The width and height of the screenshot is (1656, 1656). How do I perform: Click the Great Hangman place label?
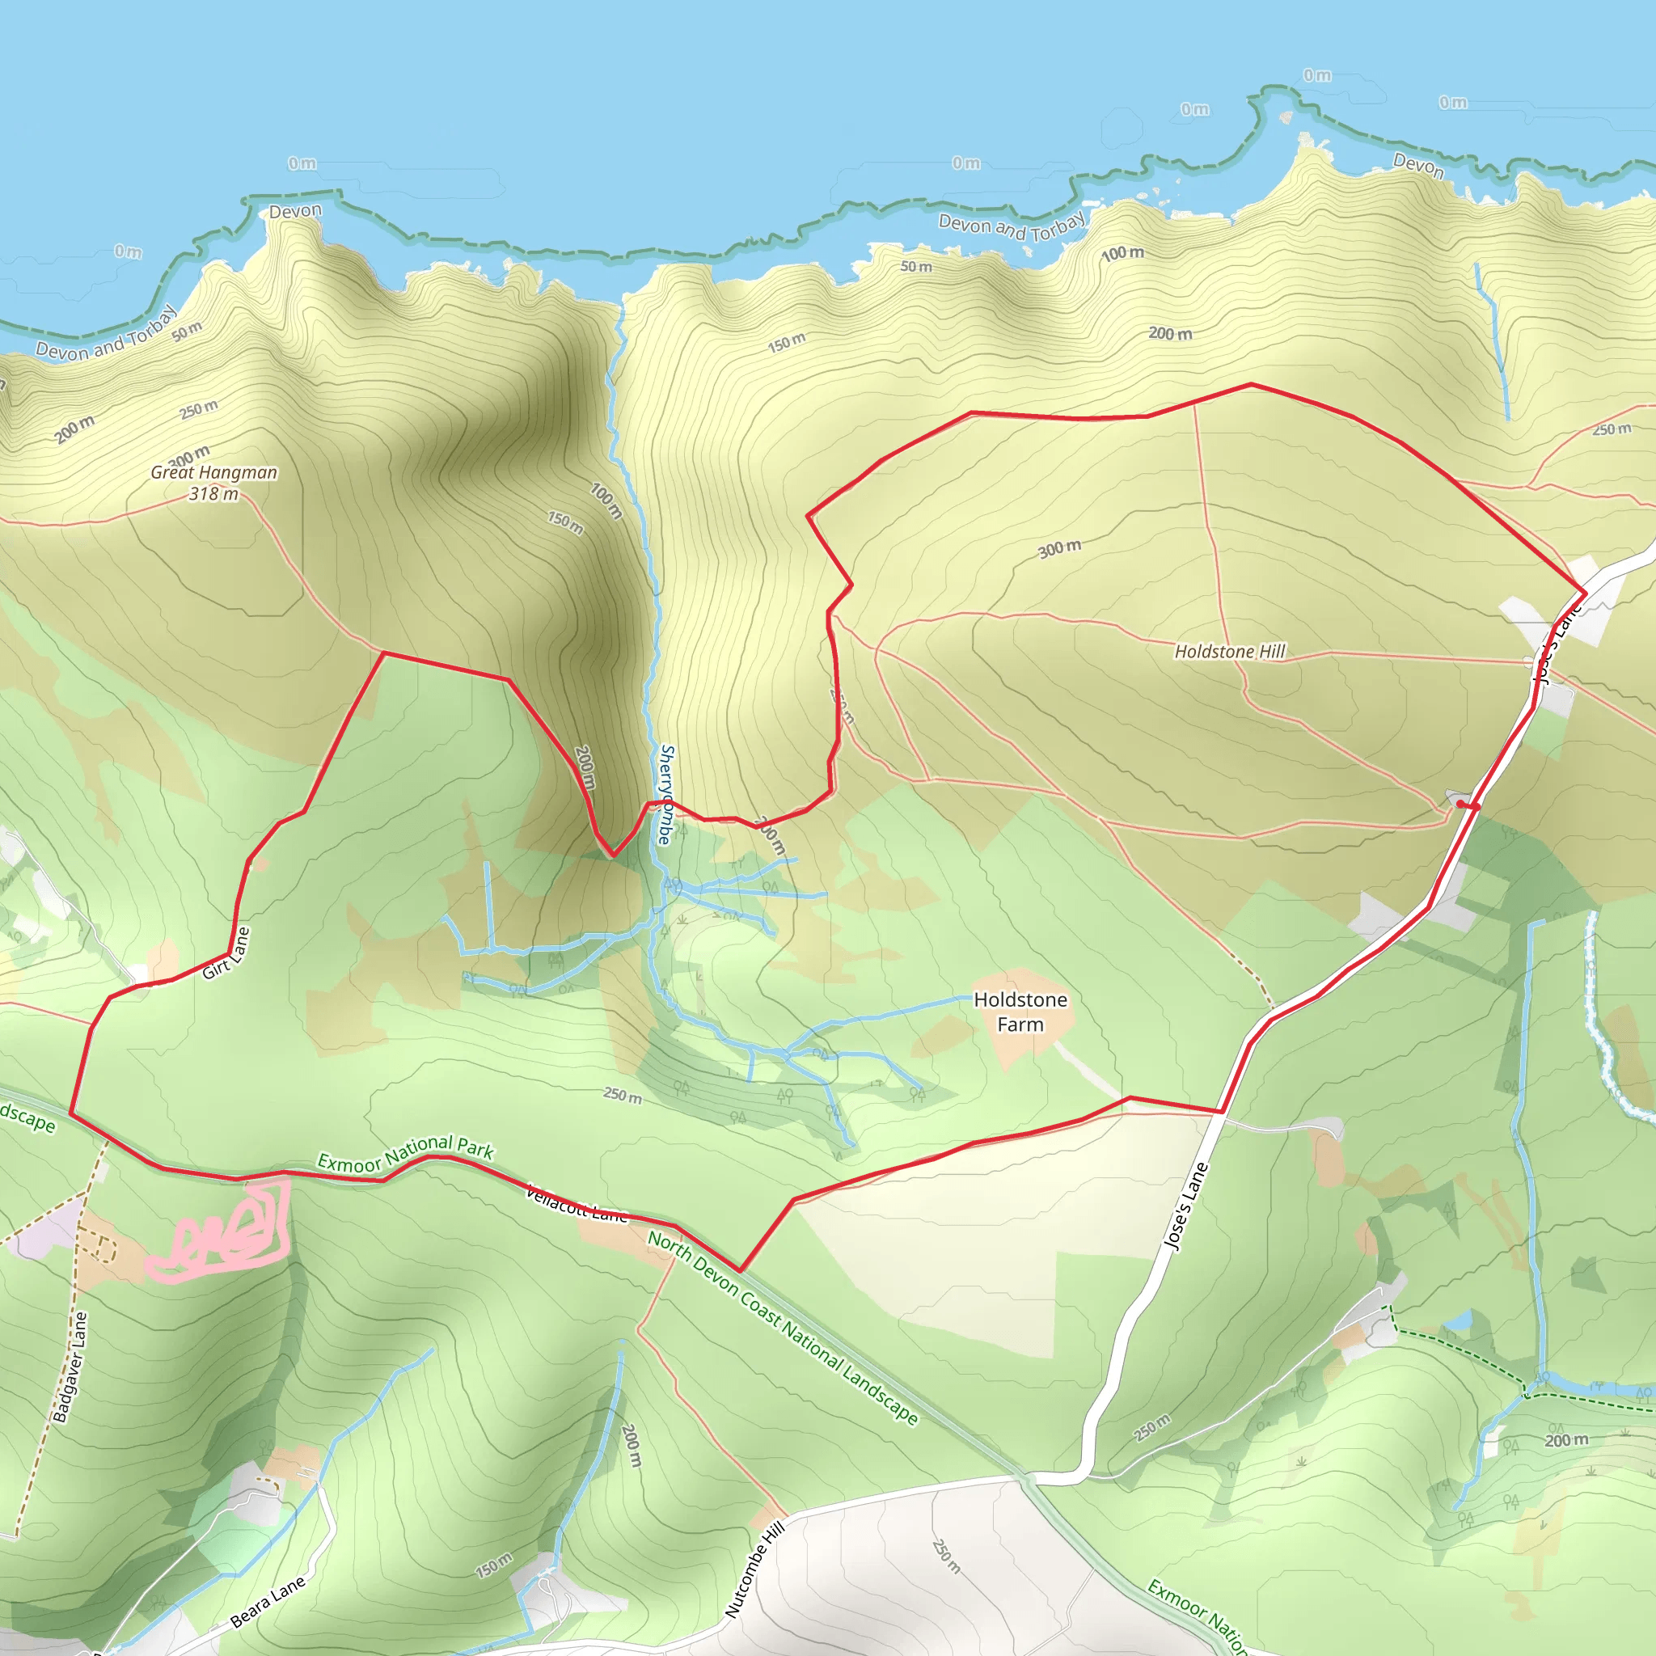213,472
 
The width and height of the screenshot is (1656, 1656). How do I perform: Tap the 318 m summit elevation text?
213,494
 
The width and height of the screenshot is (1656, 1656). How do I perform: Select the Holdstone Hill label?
1230,652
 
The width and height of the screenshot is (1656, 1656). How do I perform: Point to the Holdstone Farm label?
1020,1012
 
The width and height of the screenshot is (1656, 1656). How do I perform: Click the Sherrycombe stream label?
666,795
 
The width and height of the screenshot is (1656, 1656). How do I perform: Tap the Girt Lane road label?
226,953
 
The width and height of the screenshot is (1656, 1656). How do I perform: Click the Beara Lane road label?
268,1601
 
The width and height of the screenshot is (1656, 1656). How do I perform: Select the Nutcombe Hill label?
754,1570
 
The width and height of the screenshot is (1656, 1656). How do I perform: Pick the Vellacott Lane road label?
576,1203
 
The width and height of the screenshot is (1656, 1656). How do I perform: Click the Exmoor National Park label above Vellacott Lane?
404,1152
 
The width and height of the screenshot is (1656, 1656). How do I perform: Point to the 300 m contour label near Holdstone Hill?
1059,548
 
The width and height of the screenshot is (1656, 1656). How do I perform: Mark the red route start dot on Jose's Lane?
1460,804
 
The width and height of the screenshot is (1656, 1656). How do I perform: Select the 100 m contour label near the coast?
1122,254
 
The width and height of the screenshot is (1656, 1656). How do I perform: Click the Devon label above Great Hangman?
295,211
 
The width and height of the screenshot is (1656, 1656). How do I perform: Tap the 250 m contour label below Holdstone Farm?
623,1096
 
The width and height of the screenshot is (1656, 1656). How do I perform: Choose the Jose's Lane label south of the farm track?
1186,1206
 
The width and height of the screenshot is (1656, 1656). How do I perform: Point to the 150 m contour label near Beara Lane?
494,1565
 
